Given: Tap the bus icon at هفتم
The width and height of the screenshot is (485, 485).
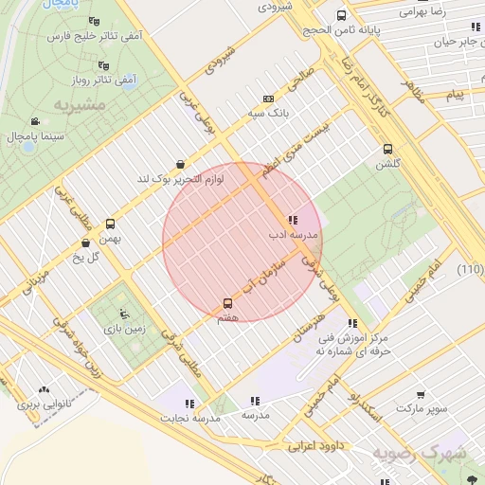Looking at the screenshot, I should coord(227,303).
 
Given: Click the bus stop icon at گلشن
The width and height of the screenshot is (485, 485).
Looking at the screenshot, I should coord(387,149).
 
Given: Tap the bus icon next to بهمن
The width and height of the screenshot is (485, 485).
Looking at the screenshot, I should coord(110,225).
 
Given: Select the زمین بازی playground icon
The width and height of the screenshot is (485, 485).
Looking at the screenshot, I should coord(121,314).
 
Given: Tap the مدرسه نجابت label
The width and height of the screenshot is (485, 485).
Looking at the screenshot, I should coord(189,417).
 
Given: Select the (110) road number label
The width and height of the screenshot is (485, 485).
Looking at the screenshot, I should coord(470,270).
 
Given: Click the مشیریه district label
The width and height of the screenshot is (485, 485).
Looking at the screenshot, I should coord(77,102).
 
